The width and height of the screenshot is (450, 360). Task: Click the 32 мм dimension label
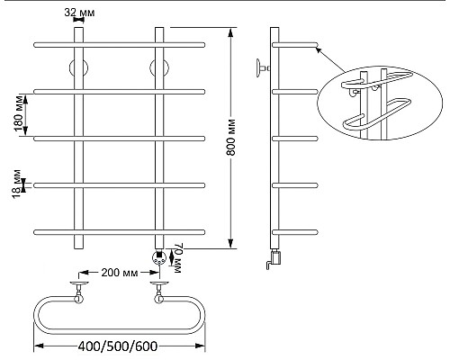(x=79, y=13)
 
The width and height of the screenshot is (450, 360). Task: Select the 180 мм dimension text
(x=19, y=114)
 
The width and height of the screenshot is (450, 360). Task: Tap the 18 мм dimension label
(x=18, y=184)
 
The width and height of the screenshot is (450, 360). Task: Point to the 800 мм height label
(x=231, y=138)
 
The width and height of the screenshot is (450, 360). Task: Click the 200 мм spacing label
(x=120, y=273)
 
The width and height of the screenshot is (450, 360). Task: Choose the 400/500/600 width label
(x=118, y=346)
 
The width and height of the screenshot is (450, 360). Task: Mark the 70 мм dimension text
(x=176, y=258)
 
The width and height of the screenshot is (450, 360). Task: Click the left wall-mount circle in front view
(x=78, y=68)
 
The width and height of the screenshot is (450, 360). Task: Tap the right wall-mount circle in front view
(x=159, y=68)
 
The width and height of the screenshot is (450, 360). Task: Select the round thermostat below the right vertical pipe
(x=159, y=257)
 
